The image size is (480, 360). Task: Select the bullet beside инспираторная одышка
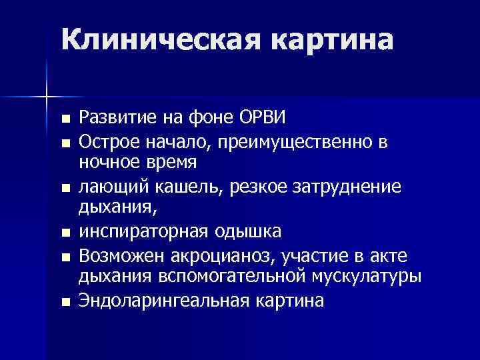point(64,233)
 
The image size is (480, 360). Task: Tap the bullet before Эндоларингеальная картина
point(64,302)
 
